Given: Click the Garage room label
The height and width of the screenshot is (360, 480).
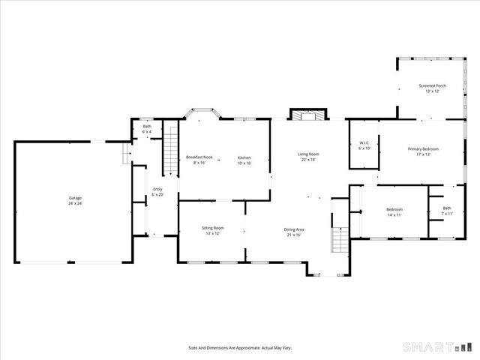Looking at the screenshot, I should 75,198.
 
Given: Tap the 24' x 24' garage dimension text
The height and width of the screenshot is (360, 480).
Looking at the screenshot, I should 75,203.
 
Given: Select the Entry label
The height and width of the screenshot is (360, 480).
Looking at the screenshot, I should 157,189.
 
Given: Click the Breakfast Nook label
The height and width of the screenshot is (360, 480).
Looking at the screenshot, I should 199,157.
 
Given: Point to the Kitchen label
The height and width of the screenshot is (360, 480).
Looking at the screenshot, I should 244,157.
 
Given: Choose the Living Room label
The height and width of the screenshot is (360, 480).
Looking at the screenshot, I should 308,154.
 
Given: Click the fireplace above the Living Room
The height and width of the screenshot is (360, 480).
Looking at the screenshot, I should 308,115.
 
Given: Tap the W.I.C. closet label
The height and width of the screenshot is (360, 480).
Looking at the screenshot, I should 365,142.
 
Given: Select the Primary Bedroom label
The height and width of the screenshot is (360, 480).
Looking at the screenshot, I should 424,149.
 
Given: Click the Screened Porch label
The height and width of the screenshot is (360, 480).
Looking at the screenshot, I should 432,86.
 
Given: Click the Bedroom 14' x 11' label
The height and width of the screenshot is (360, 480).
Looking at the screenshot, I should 394,209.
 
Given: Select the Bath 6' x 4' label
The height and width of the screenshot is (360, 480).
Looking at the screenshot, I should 148,127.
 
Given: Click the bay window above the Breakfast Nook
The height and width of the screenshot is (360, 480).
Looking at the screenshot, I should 202,114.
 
